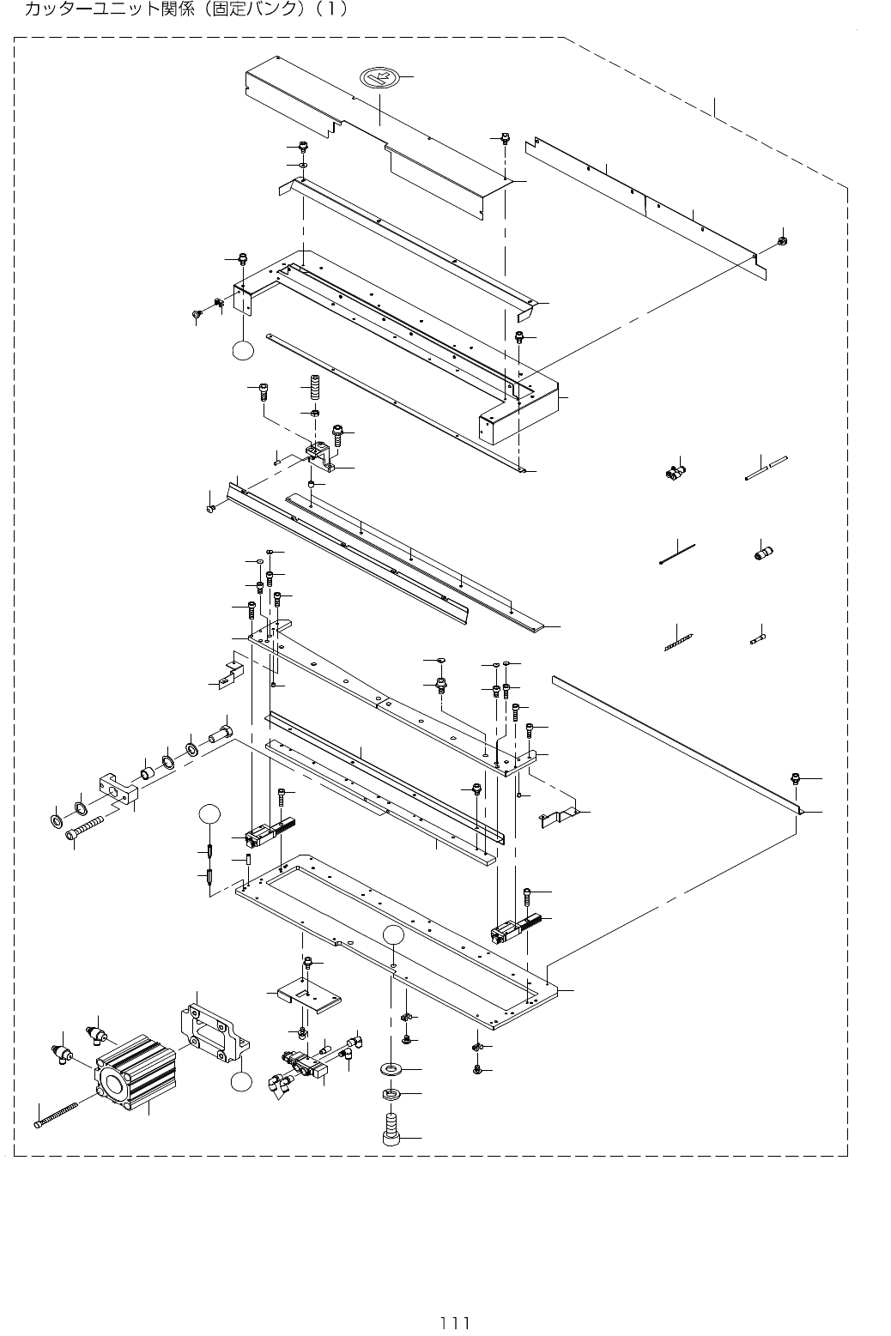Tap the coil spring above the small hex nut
point(314,389)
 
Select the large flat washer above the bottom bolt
point(391,1066)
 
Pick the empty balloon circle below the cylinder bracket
point(242,1081)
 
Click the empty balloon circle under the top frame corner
point(243,350)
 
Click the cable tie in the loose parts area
point(677,554)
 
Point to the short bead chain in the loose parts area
point(678,642)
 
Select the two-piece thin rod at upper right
point(767,469)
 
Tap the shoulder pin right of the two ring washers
point(221,733)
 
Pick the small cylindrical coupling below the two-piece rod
point(760,553)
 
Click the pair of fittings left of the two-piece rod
point(675,471)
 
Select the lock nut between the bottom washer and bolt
point(391,1093)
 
